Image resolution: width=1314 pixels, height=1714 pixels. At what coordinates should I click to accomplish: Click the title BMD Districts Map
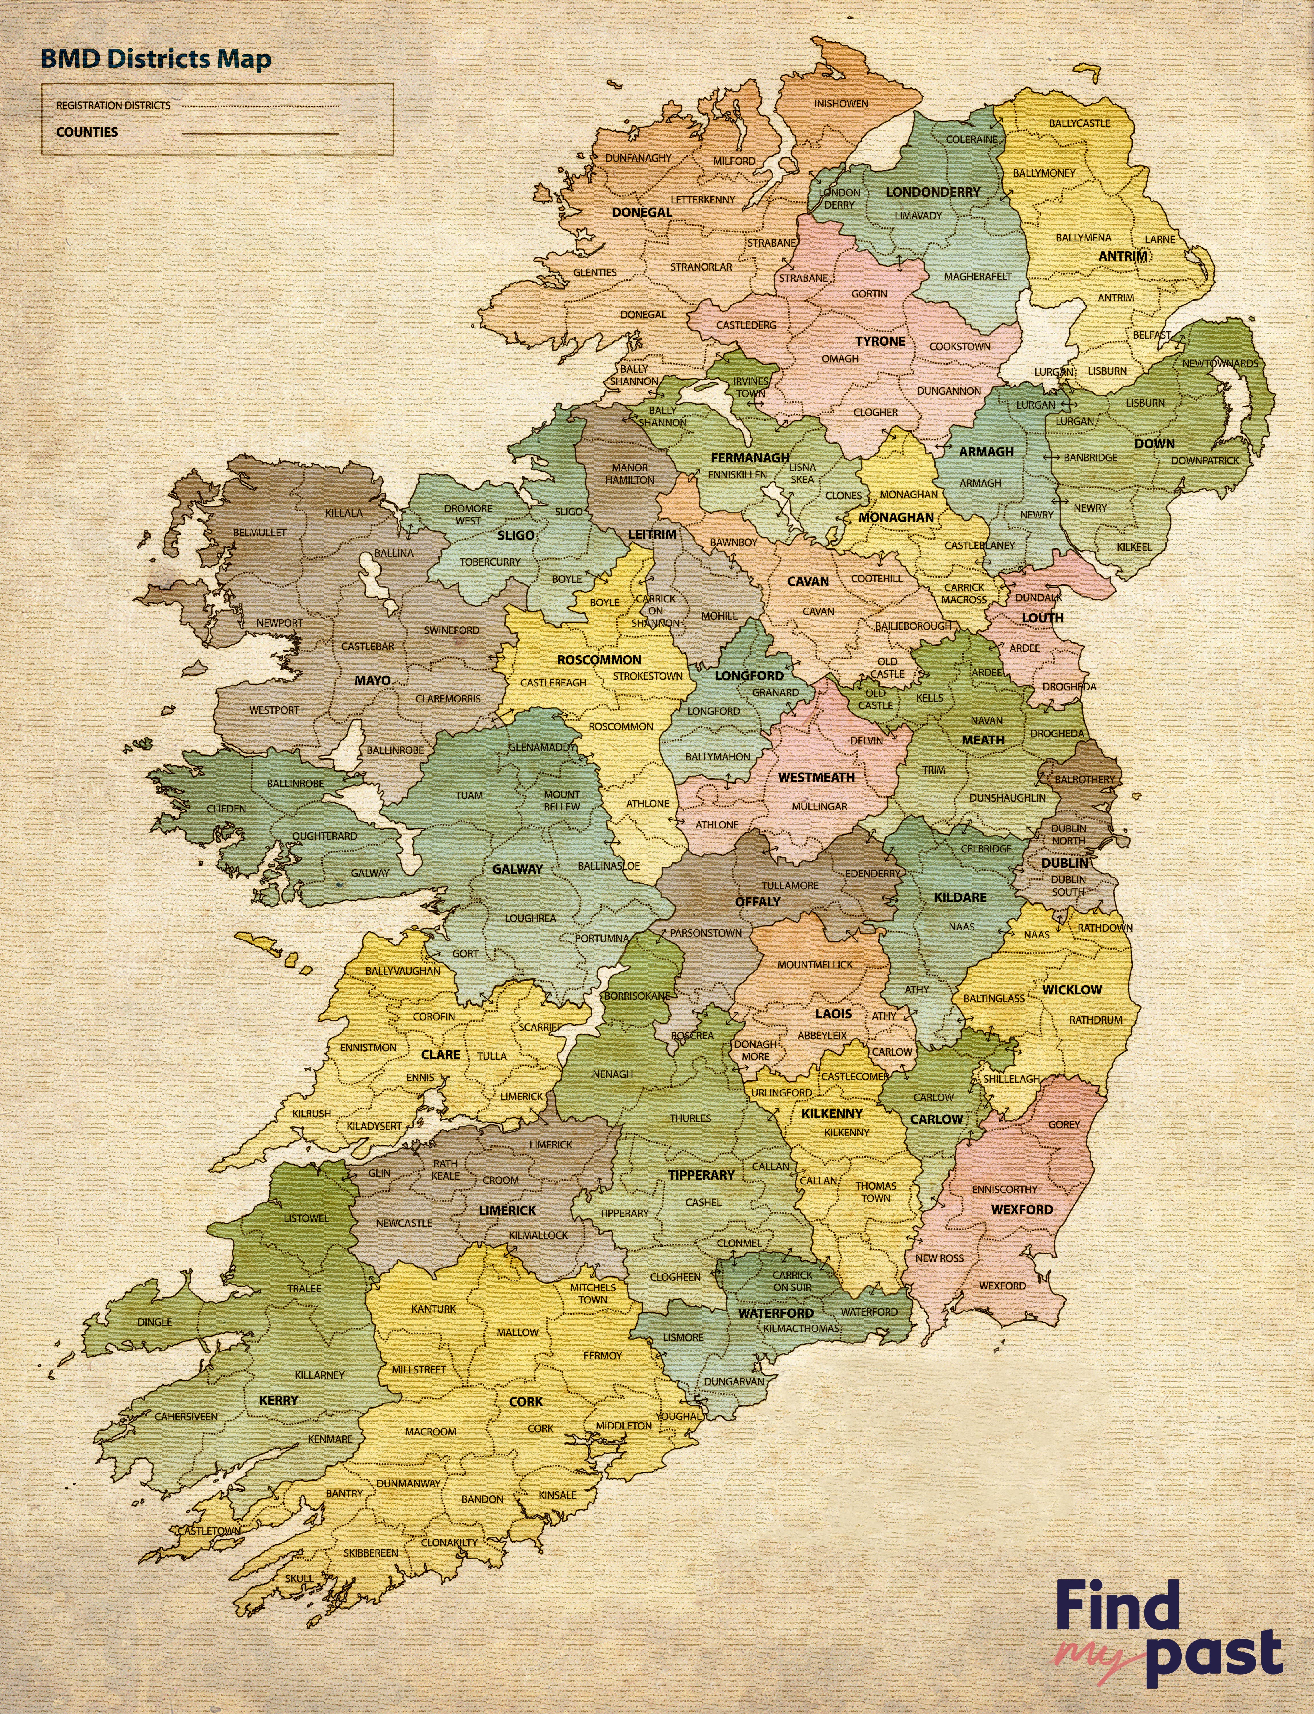tap(156, 59)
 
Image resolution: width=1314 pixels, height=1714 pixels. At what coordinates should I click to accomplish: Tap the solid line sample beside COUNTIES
tap(261, 133)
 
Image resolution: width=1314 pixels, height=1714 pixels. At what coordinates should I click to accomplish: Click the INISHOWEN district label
tap(841, 103)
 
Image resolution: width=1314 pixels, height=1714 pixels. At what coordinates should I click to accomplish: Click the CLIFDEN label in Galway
tap(226, 809)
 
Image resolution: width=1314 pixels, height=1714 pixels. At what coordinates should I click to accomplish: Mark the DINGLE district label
tap(154, 1322)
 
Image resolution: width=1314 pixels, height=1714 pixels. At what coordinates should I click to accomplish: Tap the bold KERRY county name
tap(279, 1400)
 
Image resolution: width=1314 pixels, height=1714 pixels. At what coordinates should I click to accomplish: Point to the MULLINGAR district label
tap(819, 806)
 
